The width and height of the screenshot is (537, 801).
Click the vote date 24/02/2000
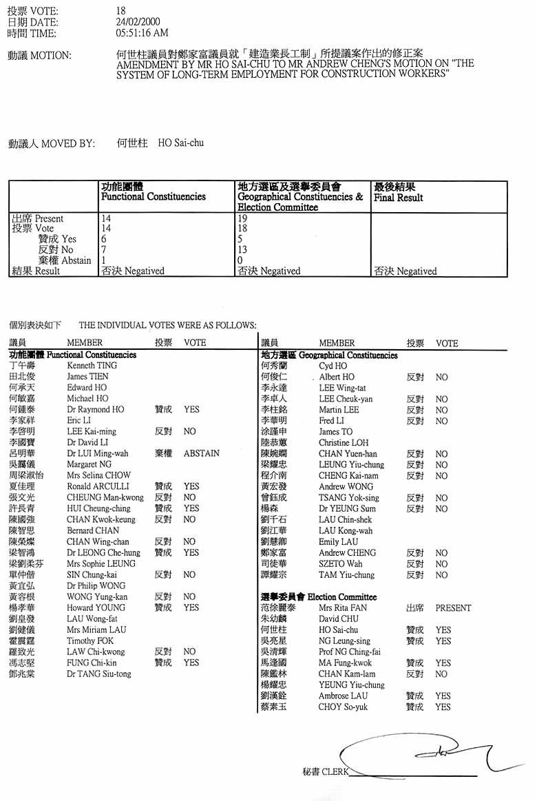click(137, 22)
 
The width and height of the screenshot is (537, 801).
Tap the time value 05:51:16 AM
click(143, 32)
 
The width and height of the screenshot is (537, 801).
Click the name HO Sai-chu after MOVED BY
click(181, 143)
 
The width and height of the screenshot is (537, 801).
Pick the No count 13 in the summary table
click(242, 250)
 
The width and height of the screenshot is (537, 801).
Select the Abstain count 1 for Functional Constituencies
click(104, 260)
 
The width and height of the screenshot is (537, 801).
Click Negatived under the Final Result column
click(416, 271)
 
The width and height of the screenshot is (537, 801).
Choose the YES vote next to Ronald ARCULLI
click(191, 487)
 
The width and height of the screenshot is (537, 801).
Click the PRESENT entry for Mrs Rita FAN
click(453, 608)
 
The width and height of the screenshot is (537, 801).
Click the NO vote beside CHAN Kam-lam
click(441, 674)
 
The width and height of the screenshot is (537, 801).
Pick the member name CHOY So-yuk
click(343, 707)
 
